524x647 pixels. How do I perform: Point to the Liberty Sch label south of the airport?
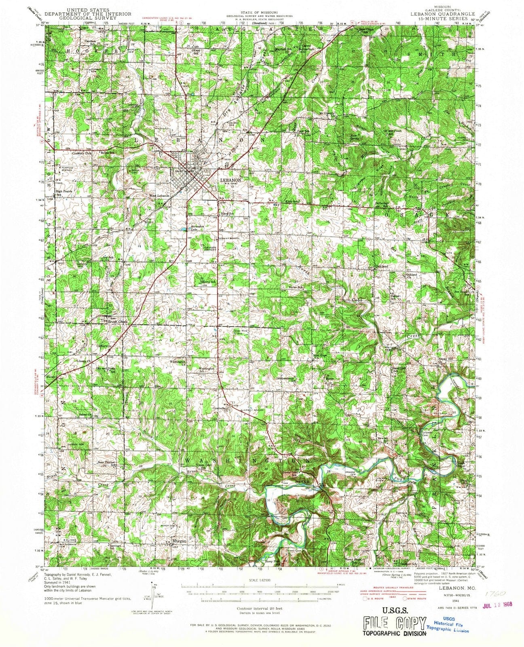207,281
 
